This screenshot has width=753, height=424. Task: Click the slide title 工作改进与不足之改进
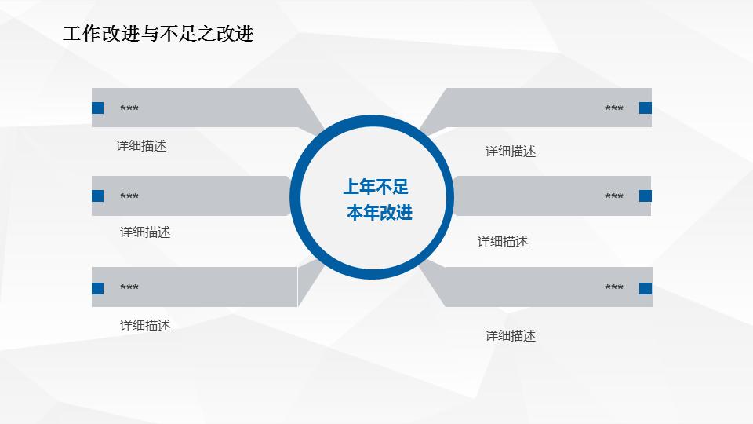(x=158, y=34)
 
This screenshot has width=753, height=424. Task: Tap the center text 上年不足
(x=376, y=187)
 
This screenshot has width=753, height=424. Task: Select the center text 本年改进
(x=380, y=213)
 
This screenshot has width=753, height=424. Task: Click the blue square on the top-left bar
(x=98, y=108)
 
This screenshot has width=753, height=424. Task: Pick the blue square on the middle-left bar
(x=98, y=196)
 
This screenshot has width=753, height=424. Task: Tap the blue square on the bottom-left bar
(x=98, y=288)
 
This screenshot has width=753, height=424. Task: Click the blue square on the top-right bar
(x=646, y=108)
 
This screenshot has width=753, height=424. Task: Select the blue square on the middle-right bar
(x=646, y=196)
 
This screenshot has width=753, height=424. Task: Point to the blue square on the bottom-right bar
(x=646, y=288)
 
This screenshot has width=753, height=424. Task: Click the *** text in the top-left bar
(x=129, y=108)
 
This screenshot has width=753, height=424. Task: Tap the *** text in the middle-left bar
(x=129, y=196)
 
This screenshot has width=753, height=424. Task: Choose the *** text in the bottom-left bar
(x=129, y=288)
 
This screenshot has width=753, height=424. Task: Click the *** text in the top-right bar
(x=614, y=109)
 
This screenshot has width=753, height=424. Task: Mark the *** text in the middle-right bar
(x=614, y=196)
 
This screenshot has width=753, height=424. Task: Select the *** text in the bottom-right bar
(x=614, y=288)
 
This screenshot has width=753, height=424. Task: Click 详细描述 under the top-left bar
(x=141, y=146)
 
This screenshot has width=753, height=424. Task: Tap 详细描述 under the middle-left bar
(x=145, y=232)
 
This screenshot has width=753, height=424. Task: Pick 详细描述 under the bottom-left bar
(x=145, y=326)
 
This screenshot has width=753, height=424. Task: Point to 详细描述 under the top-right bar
(x=511, y=152)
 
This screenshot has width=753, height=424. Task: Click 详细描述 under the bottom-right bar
(x=511, y=336)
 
